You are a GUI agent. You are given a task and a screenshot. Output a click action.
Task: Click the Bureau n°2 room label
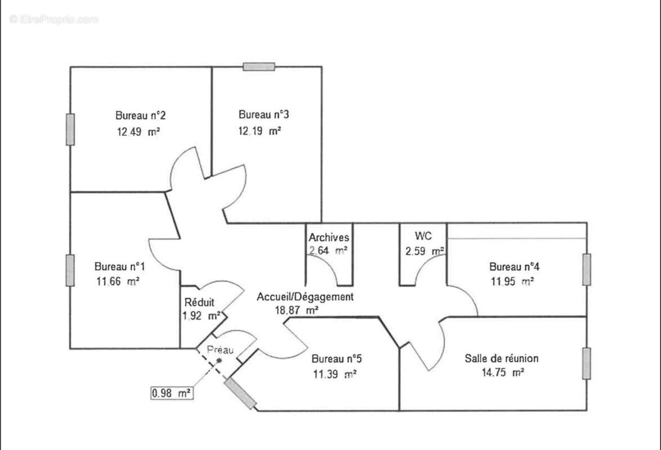(x=140, y=116)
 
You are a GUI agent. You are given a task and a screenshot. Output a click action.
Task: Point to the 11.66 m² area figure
(x=118, y=281)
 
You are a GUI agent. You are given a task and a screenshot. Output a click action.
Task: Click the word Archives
(x=329, y=238)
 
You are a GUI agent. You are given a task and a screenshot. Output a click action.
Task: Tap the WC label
(x=423, y=235)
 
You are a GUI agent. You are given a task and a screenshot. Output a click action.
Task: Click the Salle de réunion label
(x=501, y=358)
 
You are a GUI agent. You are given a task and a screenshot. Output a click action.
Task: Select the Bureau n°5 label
(x=336, y=358)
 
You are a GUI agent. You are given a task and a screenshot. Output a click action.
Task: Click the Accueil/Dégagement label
(x=305, y=296)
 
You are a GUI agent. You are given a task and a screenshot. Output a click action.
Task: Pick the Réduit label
(x=199, y=302)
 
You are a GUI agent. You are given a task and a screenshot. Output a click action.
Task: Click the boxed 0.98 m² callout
(x=170, y=393)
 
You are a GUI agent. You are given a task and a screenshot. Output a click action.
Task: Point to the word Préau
(x=220, y=350)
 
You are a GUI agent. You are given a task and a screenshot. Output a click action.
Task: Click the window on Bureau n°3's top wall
(x=259, y=66)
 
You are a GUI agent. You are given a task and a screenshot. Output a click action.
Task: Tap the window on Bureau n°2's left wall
(x=70, y=129)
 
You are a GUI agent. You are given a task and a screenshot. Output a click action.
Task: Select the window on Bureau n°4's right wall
(x=587, y=269)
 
